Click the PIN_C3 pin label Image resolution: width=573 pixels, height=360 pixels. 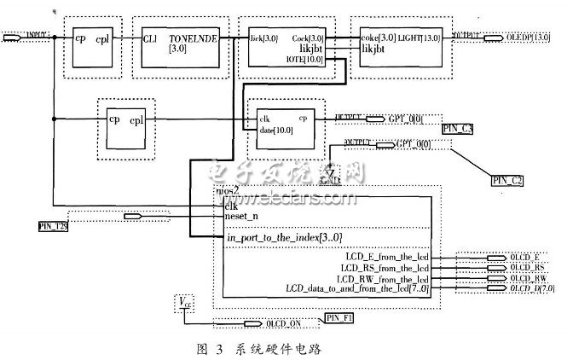point(458,128)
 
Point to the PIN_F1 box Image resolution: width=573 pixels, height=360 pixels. point(338,319)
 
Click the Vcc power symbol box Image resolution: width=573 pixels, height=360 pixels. point(184,300)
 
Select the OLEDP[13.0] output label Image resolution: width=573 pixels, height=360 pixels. point(523,38)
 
